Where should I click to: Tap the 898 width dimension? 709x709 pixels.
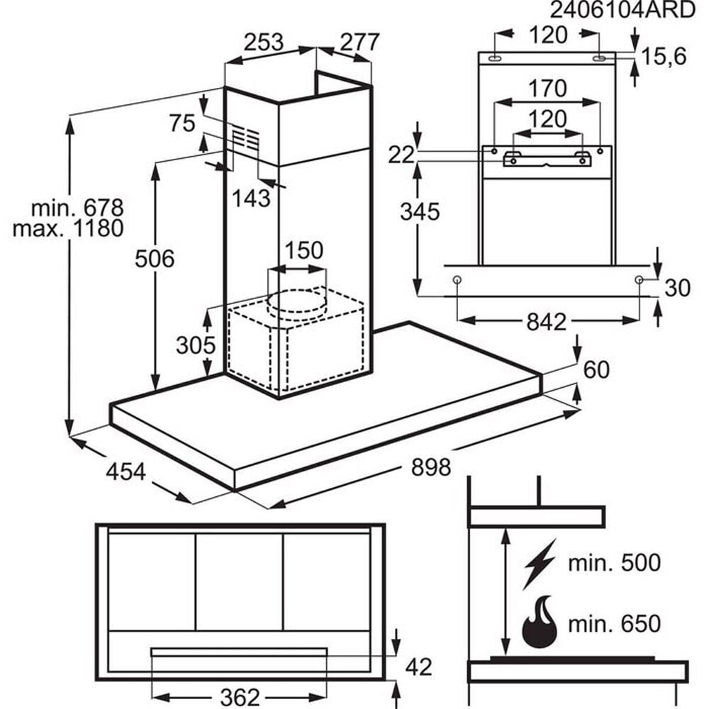(431, 467)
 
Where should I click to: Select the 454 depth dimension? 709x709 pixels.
(126, 471)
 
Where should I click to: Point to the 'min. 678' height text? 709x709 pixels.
(78, 208)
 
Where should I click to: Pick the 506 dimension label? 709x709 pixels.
(155, 259)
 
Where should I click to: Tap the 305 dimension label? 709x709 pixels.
(196, 345)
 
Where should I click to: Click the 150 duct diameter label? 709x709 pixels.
(303, 250)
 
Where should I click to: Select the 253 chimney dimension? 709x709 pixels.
(263, 43)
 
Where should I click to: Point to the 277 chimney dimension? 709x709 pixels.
(358, 43)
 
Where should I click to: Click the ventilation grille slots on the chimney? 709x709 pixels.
(246, 137)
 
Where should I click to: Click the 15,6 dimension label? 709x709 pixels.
(664, 56)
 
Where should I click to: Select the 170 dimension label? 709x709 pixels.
(547, 89)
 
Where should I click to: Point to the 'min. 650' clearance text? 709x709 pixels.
(614, 624)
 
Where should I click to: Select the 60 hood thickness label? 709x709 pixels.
(596, 369)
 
